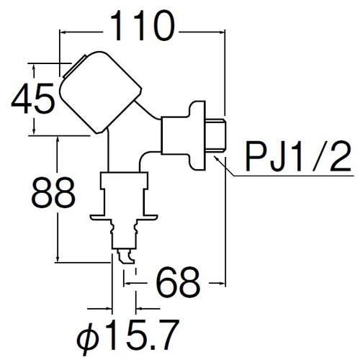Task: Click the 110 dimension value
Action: coord(143,26)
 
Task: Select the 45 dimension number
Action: coord(33,98)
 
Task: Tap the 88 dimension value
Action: coord(53,192)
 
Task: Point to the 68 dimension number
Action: coord(178,282)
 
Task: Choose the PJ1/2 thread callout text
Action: coord(298,156)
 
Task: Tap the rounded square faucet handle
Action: coord(100,92)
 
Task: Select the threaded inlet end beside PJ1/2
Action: coord(215,135)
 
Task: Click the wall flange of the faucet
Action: coord(197,135)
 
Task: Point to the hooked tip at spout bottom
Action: coord(125,257)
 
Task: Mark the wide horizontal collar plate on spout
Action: coord(124,217)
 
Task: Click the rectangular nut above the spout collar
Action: coord(124,180)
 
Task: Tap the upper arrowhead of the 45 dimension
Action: coord(34,68)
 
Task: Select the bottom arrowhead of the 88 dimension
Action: coord(58,258)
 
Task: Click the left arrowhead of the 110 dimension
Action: coord(63,32)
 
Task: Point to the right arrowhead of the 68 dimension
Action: coord(222,283)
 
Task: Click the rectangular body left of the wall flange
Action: coord(174,135)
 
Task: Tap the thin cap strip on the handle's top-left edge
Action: coord(74,66)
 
